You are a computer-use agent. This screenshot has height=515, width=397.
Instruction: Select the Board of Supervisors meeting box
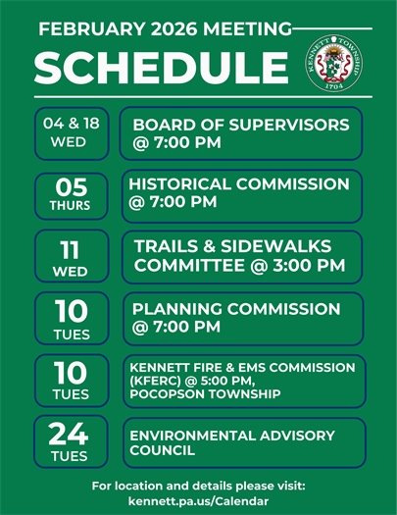(x=240, y=134)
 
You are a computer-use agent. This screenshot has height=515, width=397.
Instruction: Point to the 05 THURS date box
(x=70, y=195)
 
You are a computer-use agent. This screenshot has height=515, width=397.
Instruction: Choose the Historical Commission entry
(x=240, y=194)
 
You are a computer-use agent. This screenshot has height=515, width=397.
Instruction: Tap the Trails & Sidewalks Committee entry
(x=240, y=256)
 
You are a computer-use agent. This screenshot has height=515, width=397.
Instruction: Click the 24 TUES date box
(x=70, y=442)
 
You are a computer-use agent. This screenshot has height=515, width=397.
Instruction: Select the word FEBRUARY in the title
(x=83, y=30)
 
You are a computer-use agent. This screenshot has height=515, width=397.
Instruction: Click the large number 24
(x=70, y=434)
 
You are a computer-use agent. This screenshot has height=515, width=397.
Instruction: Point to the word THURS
(x=70, y=206)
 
